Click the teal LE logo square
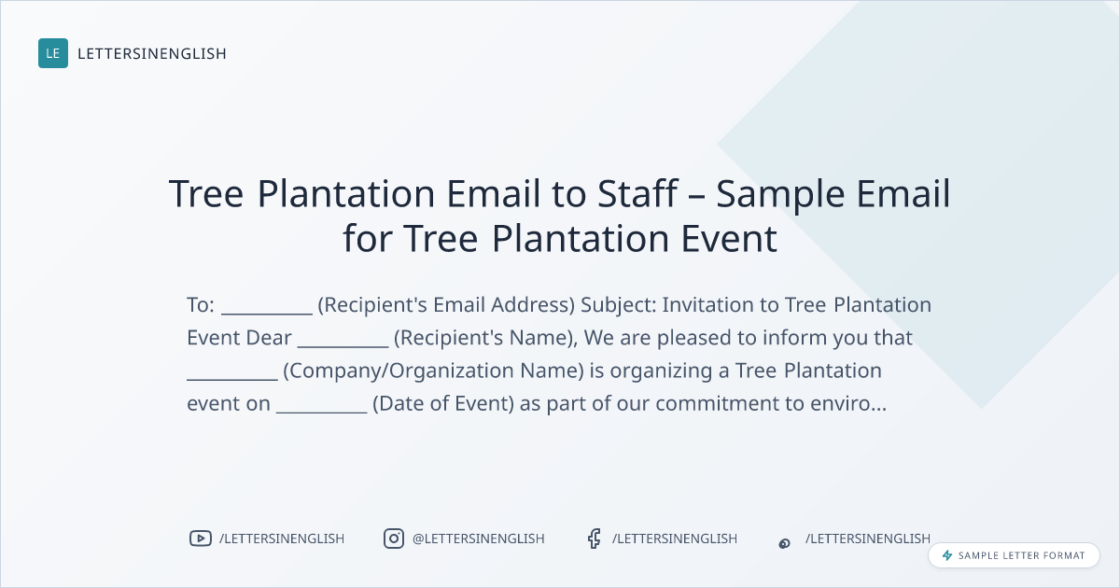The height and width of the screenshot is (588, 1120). tap(53, 53)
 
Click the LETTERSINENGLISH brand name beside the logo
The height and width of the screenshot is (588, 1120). tap(152, 53)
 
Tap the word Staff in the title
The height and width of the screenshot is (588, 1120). tap(637, 193)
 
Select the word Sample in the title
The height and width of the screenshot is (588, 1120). tap(780, 195)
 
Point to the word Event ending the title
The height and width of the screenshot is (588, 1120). tap(729, 239)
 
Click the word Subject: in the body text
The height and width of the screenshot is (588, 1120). tap(619, 305)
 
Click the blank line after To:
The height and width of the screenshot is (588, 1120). tap(267, 314)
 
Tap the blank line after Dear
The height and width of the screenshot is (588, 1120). tap(343, 346)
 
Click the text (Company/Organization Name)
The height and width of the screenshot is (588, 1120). tap(433, 371)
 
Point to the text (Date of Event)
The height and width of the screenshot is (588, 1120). tap(443, 403)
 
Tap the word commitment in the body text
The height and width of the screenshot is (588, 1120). tap(718, 403)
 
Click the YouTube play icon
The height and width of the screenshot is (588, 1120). tap(201, 539)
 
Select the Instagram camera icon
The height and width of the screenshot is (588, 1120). tap(394, 539)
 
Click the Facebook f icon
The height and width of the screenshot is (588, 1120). tap(594, 539)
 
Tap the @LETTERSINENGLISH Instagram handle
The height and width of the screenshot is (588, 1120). tap(479, 539)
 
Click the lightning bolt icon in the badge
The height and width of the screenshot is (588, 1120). tap(947, 555)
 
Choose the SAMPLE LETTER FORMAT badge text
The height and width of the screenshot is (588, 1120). tap(1021, 555)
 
